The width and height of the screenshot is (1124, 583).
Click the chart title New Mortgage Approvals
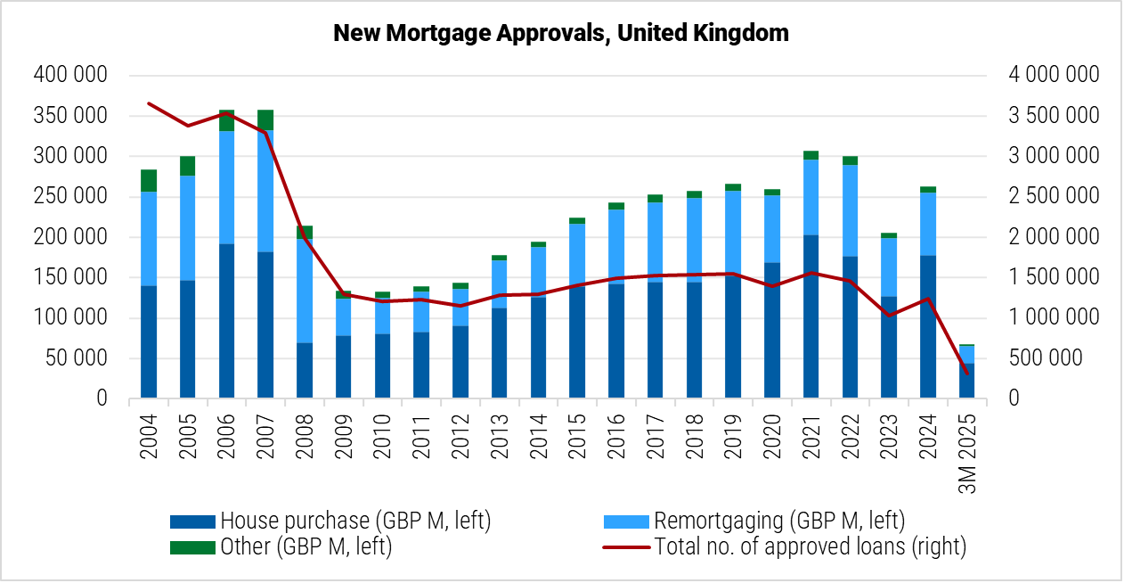(x=561, y=34)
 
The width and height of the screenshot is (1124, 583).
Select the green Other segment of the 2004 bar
(x=149, y=181)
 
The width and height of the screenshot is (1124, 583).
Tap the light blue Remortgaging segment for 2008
(x=305, y=291)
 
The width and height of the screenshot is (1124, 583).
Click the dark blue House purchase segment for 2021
(x=810, y=316)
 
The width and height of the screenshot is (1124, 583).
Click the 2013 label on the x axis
(x=500, y=436)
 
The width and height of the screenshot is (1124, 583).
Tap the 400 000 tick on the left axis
(x=70, y=75)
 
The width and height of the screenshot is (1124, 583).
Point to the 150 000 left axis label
(x=70, y=277)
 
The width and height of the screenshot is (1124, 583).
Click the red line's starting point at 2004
(x=149, y=103)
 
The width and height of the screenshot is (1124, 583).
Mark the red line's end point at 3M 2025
(x=966, y=373)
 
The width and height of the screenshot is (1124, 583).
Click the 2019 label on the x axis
(x=733, y=436)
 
